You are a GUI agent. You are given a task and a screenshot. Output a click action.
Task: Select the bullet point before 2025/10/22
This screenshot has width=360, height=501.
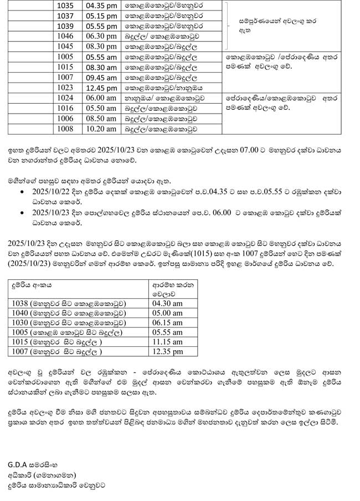coord(21,191)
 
